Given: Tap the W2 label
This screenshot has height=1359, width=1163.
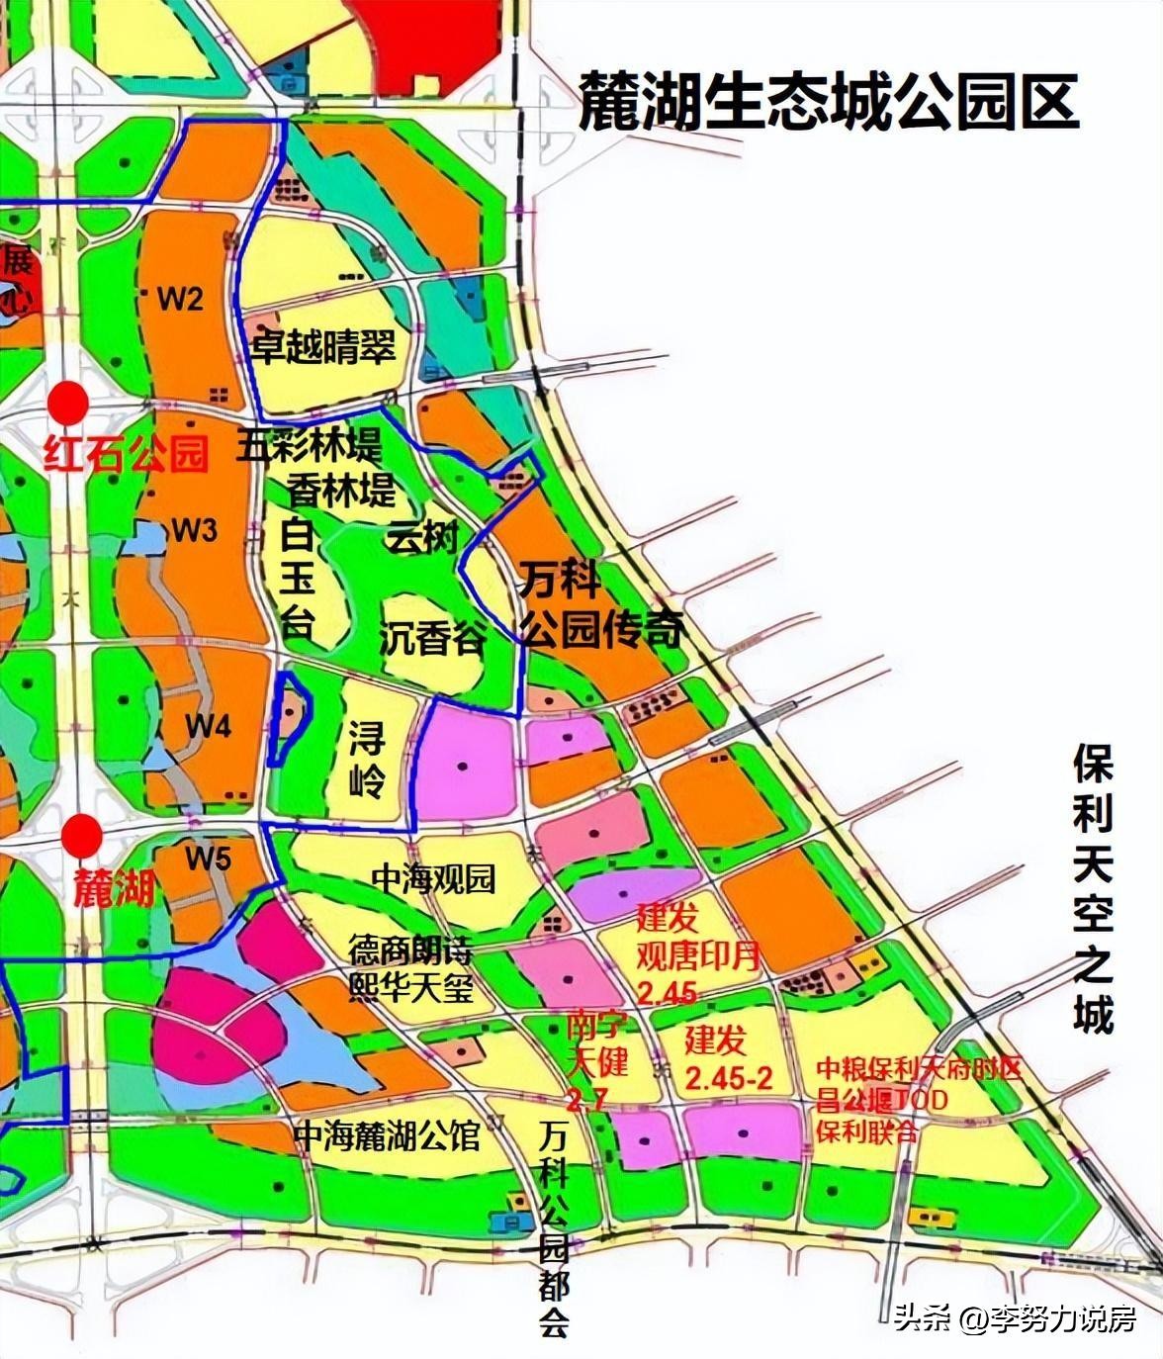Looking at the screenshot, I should pos(179,299).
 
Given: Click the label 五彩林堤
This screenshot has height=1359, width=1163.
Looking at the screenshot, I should pos(309,445).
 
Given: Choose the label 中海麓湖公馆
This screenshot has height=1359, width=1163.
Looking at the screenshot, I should pos(387,1135).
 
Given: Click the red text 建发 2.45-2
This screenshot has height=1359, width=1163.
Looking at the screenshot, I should pos(728,1059).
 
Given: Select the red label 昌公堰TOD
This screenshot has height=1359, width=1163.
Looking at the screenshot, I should pos(881,1100).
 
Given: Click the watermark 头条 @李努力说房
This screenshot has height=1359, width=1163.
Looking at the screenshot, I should pos(1015,1318).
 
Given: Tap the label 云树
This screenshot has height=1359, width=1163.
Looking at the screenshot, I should pos(422,539).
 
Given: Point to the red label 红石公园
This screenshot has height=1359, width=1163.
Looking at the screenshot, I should pos(126,455).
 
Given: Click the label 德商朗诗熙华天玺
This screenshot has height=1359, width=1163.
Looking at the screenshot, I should pos(410,970).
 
